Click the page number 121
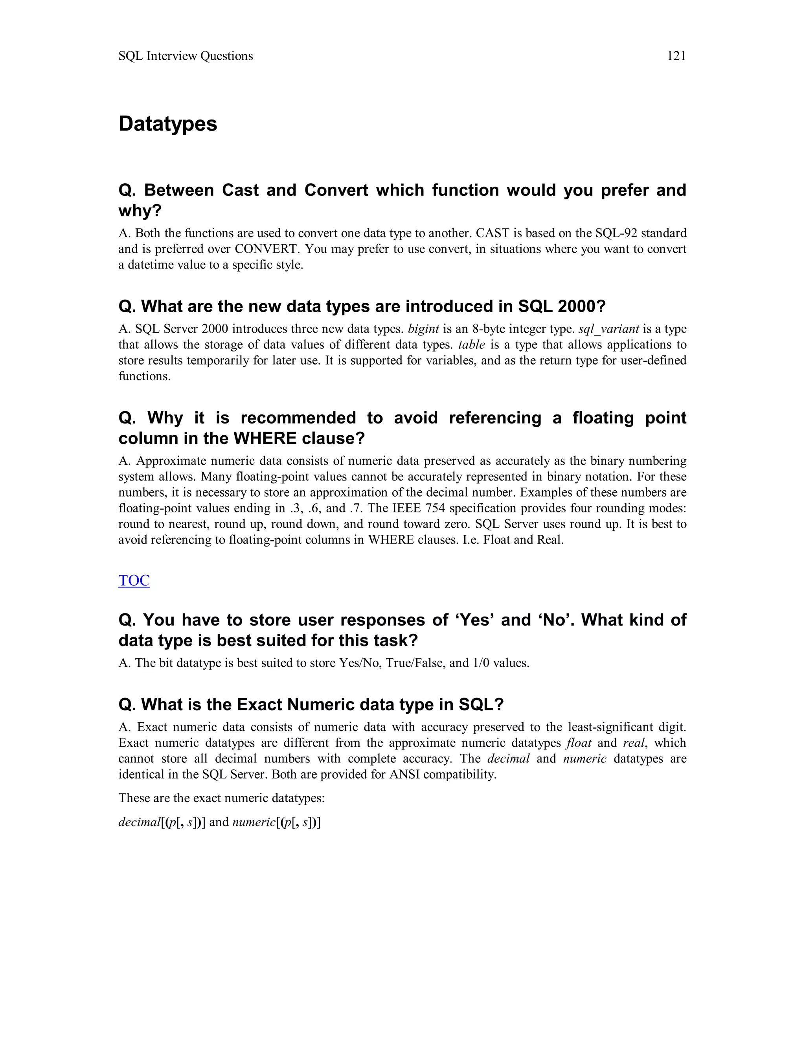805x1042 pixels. (676, 56)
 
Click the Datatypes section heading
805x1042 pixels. (167, 123)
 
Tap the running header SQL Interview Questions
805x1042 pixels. (186, 56)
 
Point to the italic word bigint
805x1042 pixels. (423, 329)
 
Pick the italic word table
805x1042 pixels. (471, 344)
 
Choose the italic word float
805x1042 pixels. (579, 742)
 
